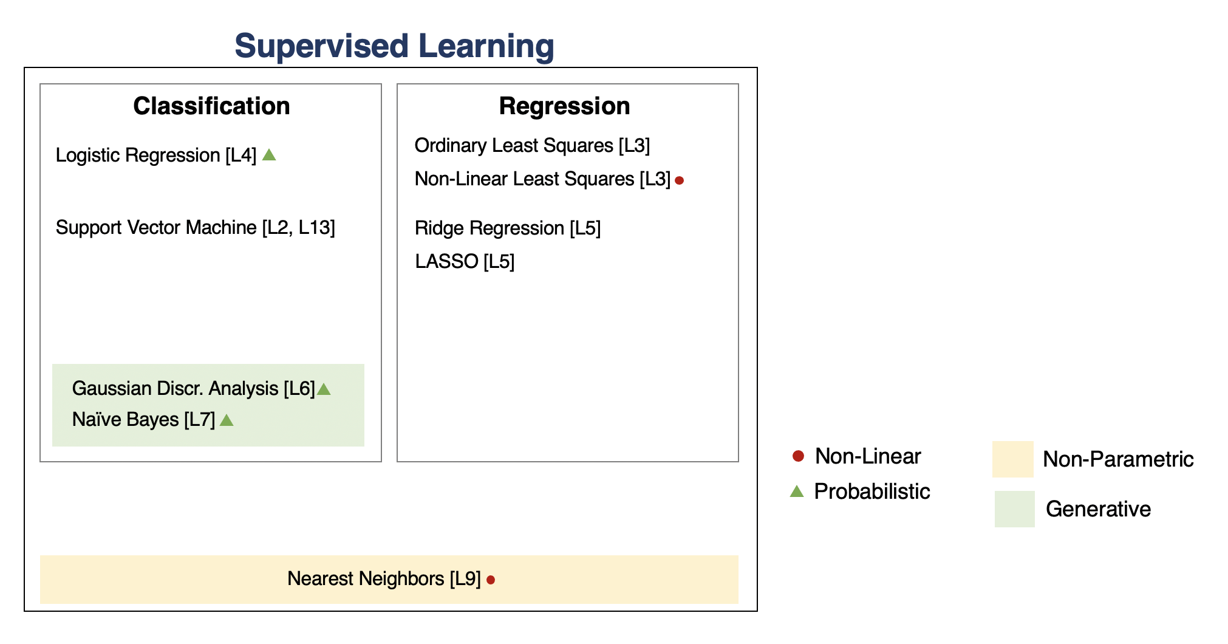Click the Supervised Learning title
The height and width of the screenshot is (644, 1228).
coord(394,46)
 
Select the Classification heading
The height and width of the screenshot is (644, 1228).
coord(211,106)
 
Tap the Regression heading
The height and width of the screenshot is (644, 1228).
coord(564,106)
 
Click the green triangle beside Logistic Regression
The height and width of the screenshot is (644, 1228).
coord(269,155)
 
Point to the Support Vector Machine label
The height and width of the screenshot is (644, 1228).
coord(196,227)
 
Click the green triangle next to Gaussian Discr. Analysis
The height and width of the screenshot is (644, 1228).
coord(324,389)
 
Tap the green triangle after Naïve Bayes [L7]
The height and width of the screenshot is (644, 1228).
coord(227,420)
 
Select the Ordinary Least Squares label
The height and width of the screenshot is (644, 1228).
coord(532,146)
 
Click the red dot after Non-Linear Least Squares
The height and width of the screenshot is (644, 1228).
coord(680,180)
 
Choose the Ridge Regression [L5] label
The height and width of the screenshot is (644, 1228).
coord(508,228)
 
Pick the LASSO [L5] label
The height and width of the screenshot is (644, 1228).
coord(465,262)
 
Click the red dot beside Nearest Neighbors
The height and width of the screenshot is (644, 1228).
coord(491,580)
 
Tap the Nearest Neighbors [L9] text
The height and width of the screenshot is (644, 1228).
coord(384,578)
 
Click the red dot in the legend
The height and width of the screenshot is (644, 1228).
coord(799,456)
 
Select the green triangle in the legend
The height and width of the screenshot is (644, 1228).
coord(797,491)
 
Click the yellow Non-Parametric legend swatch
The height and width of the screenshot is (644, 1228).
coord(1013,459)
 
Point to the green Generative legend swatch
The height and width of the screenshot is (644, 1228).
coord(1015,509)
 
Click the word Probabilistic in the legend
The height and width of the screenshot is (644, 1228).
coord(872,492)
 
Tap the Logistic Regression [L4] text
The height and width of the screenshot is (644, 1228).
coord(156,156)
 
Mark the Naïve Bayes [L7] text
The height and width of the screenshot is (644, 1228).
coord(144,420)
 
